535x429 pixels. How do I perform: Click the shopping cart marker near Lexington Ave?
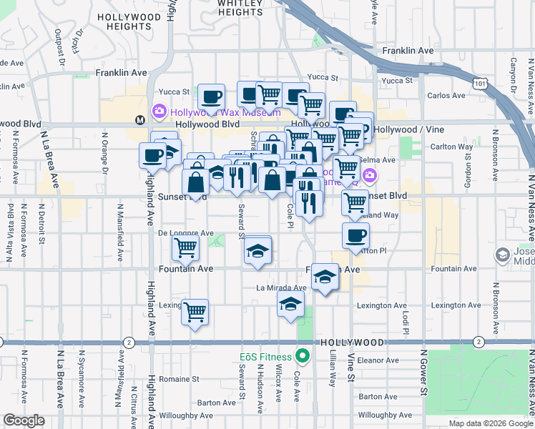[x=195, y=312]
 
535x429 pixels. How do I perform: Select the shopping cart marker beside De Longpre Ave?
[x=186, y=248]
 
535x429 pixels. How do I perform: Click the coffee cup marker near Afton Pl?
[x=355, y=235]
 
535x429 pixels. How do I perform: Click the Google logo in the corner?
[x=24, y=420]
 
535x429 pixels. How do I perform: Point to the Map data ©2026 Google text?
[x=491, y=423]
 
